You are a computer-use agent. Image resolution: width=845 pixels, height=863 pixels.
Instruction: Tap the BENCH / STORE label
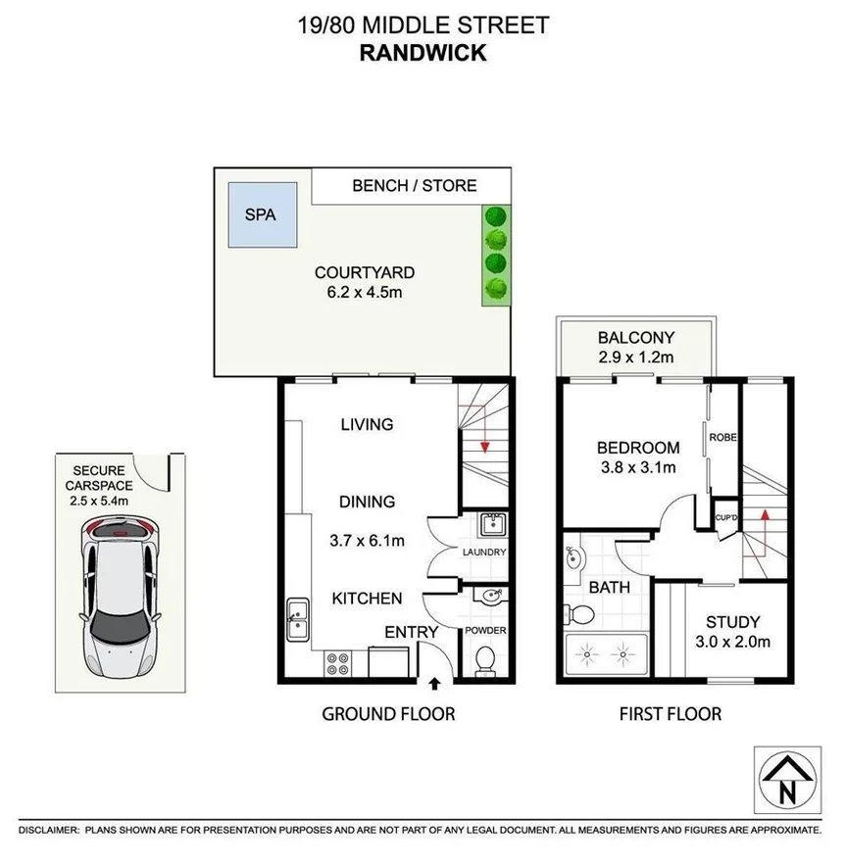coord(414,185)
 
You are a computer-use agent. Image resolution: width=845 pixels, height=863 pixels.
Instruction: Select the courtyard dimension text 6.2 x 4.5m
coord(364,292)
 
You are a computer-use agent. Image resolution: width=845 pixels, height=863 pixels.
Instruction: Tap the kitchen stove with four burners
coord(338,663)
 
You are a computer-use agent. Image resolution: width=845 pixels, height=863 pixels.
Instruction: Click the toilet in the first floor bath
coord(580,615)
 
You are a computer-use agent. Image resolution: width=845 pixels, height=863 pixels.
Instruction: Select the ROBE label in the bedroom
coord(723,437)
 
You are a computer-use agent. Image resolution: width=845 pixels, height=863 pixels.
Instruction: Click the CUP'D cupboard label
coord(726,516)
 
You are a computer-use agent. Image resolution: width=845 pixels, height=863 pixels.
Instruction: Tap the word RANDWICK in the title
coord(422,54)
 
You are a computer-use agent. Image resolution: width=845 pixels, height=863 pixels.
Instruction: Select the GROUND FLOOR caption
coord(389,714)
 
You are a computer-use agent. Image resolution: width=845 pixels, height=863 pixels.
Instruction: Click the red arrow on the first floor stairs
coord(760,516)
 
